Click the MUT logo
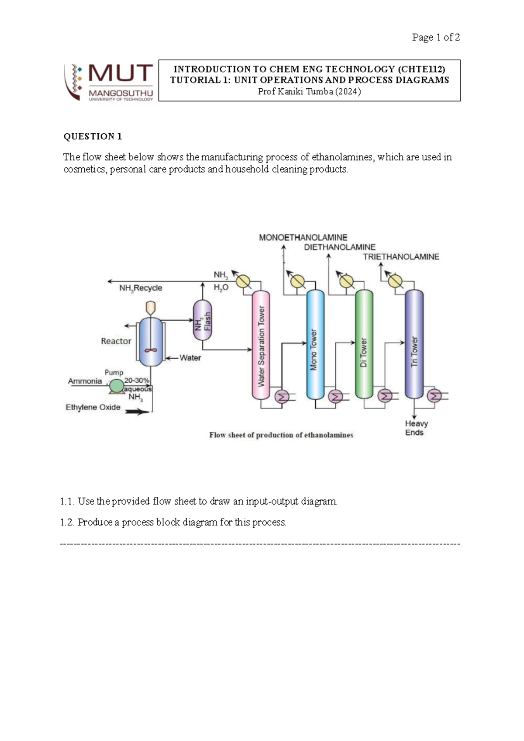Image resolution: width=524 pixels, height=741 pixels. pos(109,82)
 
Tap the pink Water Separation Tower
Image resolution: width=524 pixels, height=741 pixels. pos(261,345)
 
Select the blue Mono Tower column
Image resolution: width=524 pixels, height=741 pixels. pos(315,345)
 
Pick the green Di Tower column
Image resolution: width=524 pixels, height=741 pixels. pos(364,345)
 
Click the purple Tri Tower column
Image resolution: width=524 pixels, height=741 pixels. pos(414,345)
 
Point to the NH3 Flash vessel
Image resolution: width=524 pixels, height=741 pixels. pos(203,320)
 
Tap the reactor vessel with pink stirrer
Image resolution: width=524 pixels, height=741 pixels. pos(151,342)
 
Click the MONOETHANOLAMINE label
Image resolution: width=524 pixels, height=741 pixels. pos(303,238)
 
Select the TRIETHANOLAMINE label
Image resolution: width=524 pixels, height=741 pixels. pos(401,257)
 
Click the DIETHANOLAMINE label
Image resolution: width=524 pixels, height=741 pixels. pos(340,247)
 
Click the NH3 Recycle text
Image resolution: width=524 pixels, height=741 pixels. pos(141,288)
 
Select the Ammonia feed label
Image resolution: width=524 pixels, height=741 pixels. pos(85,381)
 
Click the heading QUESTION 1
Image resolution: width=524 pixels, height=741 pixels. pos(93,136)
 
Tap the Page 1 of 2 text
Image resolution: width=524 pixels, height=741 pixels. pos(435,38)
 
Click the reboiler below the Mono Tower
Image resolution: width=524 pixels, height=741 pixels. pos(335,396)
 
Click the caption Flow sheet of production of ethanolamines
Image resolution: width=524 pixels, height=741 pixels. pos(281,435)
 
